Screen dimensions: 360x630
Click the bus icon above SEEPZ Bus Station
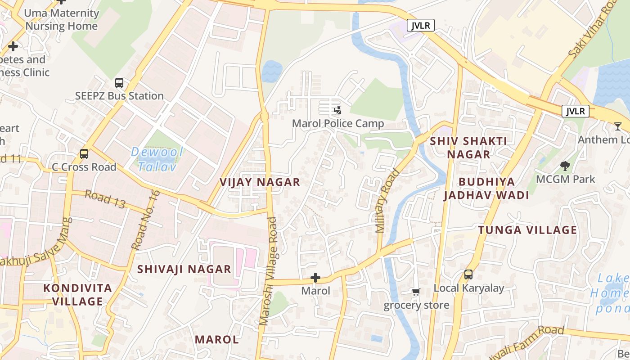pyautogui.click(x=119, y=83)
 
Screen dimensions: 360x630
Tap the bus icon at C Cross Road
pyautogui.click(x=84, y=154)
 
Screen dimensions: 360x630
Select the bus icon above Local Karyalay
pyautogui.click(x=468, y=274)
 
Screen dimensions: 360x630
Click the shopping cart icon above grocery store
pyautogui.click(x=416, y=292)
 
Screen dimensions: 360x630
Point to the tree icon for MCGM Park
pyautogui.click(x=565, y=166)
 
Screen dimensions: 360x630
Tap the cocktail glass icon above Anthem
pyautogui.click(x=618, y=126)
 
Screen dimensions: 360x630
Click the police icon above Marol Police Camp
pyautogui.click(x=337, y=110)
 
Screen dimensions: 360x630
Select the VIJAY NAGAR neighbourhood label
pyautogui.click(x=260, y=182)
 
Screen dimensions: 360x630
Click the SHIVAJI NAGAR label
pyautogui.click(x=184, y=270)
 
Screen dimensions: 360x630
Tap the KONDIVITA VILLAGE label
pyautogui.click(x=77, y=295)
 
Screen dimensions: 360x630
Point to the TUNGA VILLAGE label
pyautogui.click(x=527, y=230)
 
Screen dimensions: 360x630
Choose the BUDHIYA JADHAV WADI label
pyautogui.click(x=486, y=189)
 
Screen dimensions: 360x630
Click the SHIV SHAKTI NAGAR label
pyautogui.click(x=468, y=148)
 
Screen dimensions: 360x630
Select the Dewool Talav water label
pyautogui.click(x=157, y=159)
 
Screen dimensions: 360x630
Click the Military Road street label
pyautogui.click(x=387, y=201)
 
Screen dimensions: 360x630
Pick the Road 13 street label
pyautogui.click(x=105, y=199)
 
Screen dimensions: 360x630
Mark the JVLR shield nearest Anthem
pyautogui.click(x=575, y=111)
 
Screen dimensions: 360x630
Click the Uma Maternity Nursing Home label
pyautogui.click(x=61, y=20)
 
